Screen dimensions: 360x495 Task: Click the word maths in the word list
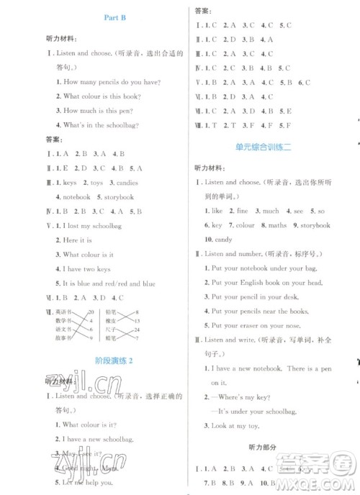coord(277,225)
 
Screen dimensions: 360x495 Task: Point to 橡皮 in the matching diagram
coord(112,319)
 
